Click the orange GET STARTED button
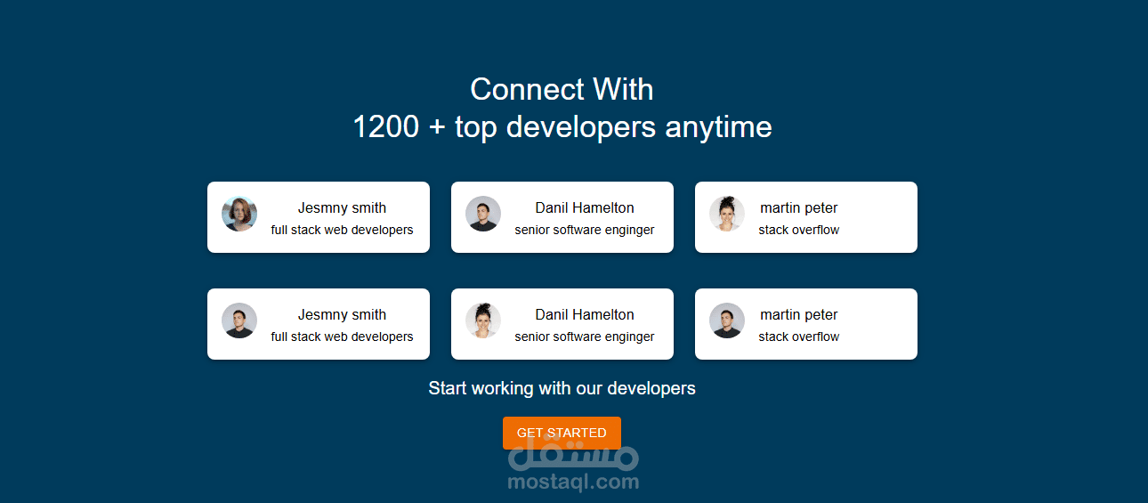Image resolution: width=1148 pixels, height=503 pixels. [562, 433]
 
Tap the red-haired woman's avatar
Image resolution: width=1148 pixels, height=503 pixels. [239, 214]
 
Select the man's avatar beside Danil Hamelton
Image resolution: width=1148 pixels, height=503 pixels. [483, 214]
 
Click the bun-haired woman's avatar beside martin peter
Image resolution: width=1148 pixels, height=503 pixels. [727, 214]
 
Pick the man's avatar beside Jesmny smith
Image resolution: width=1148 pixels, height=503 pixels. [239, 320]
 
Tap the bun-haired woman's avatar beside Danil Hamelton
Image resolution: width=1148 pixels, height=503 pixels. [483, 320]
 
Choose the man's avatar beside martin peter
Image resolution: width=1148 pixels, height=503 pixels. [727, 320]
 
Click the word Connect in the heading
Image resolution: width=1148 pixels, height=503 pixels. [527, 89]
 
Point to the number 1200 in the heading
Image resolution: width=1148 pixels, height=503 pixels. [386, 126]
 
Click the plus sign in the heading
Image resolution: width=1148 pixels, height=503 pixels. [437, 127]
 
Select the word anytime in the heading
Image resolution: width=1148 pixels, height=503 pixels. [718, 127]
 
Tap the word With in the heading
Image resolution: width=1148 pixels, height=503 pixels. [623, 89]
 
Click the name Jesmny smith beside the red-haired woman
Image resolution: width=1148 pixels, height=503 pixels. [342, 207]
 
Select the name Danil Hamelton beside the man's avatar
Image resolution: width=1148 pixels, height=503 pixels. [585, 207]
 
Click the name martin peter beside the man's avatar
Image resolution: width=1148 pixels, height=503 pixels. [798, 314]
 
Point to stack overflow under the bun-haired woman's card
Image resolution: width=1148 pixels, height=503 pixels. [798, 230]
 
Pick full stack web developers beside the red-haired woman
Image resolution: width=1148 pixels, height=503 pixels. [342, 230]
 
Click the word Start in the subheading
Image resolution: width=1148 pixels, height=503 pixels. [448, 388]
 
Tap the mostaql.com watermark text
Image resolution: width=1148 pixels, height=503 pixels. [573, 482]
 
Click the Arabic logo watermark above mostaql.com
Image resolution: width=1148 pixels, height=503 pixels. [573, 454]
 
